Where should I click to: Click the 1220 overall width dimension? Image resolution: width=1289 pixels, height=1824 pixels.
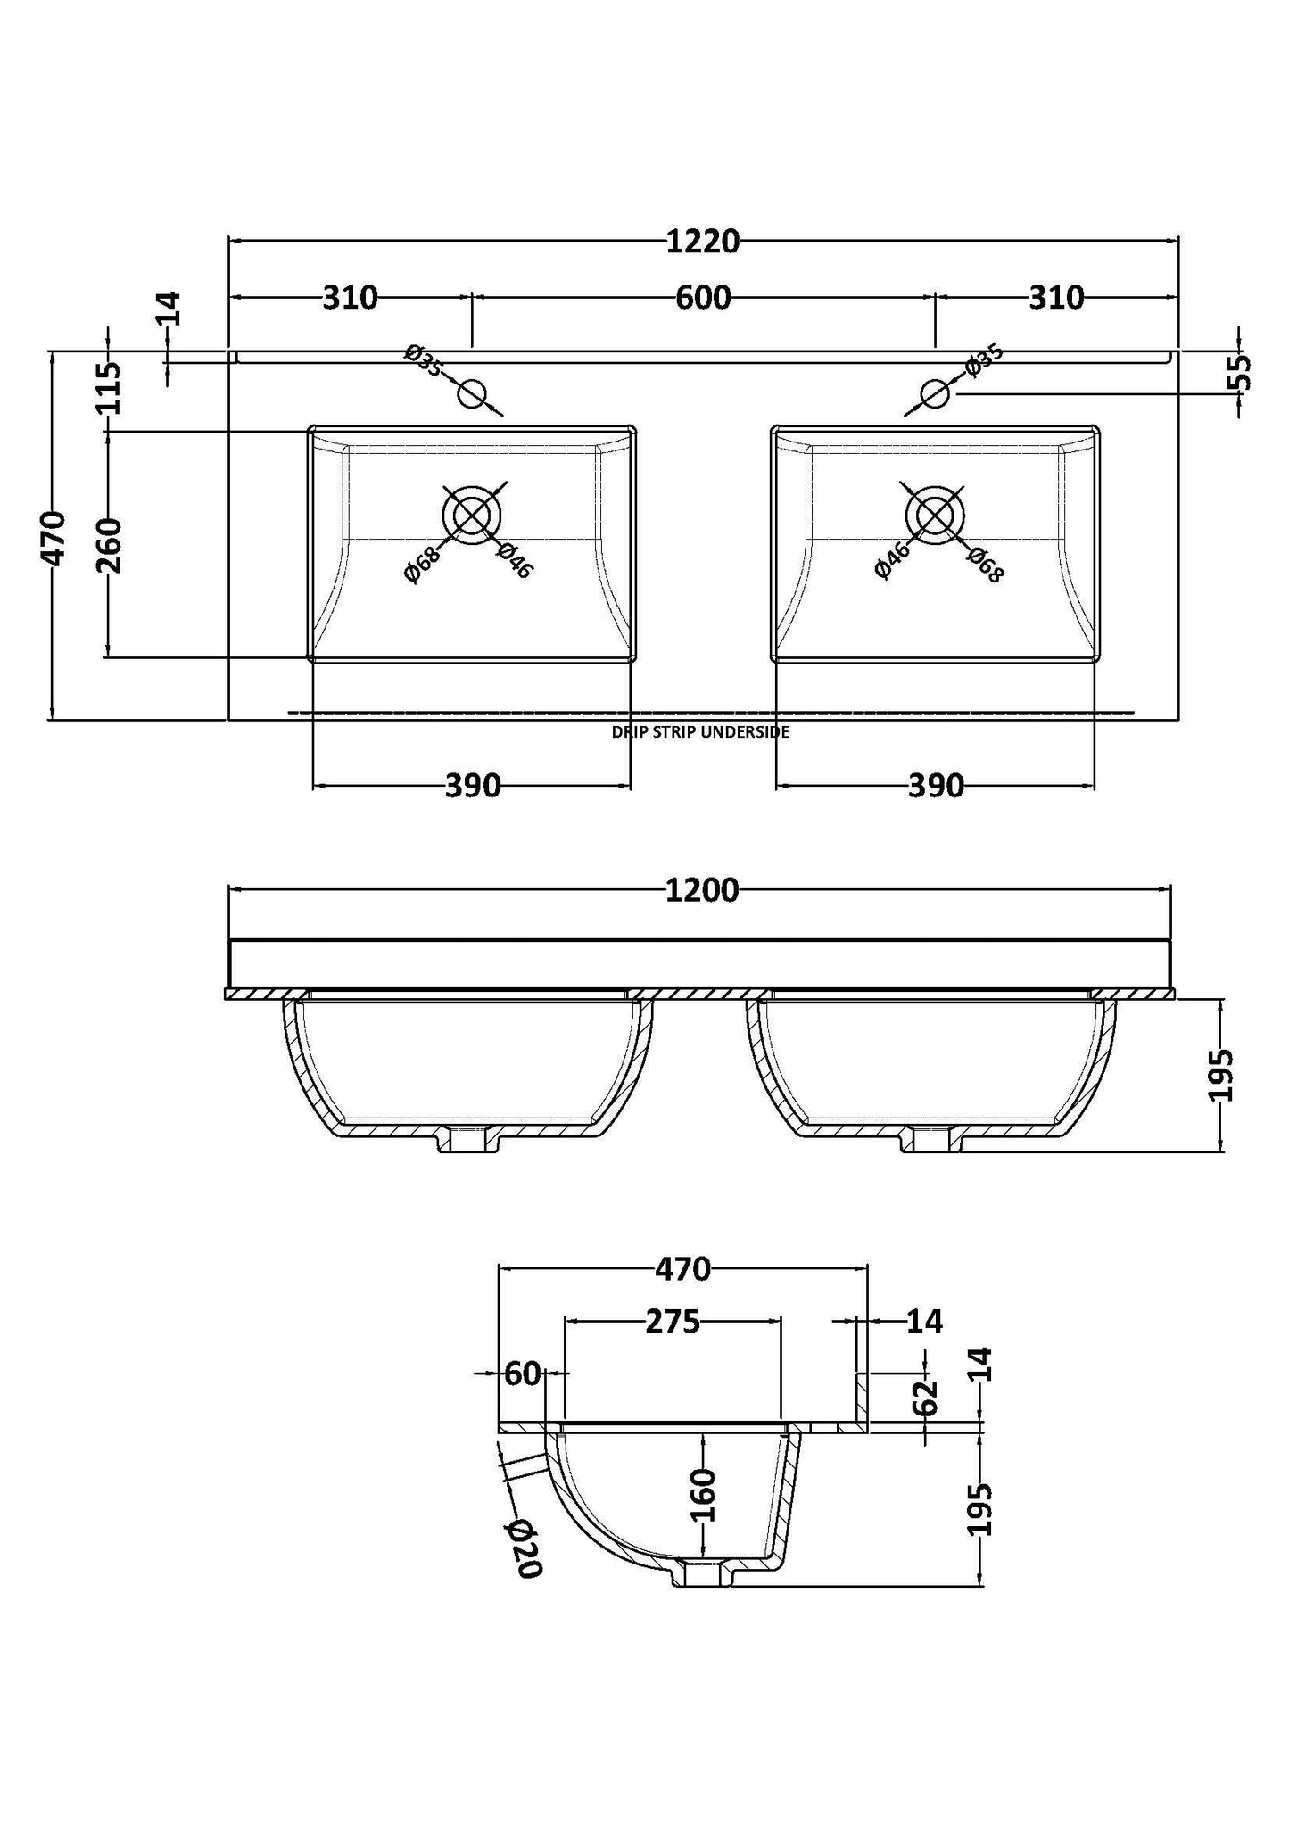pos(703,241)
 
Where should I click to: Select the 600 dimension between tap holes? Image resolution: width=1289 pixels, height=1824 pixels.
pos(703,297)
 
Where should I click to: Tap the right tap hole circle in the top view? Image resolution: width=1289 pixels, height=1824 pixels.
pos(935,392)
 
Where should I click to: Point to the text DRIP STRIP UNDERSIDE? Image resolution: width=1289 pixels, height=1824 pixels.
pos(700,732)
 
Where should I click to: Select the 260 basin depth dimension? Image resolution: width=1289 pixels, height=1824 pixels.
pos(108,544)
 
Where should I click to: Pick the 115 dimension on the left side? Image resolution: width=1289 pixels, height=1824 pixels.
pos(108,387)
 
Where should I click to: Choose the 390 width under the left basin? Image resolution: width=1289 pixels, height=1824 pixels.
pos(472,786)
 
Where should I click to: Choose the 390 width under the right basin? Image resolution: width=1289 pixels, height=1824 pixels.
pos(936,786)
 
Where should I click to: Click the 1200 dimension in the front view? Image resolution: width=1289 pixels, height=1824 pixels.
pos(702,890)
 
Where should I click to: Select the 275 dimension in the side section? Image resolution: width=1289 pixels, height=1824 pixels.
pos(673,1322)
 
